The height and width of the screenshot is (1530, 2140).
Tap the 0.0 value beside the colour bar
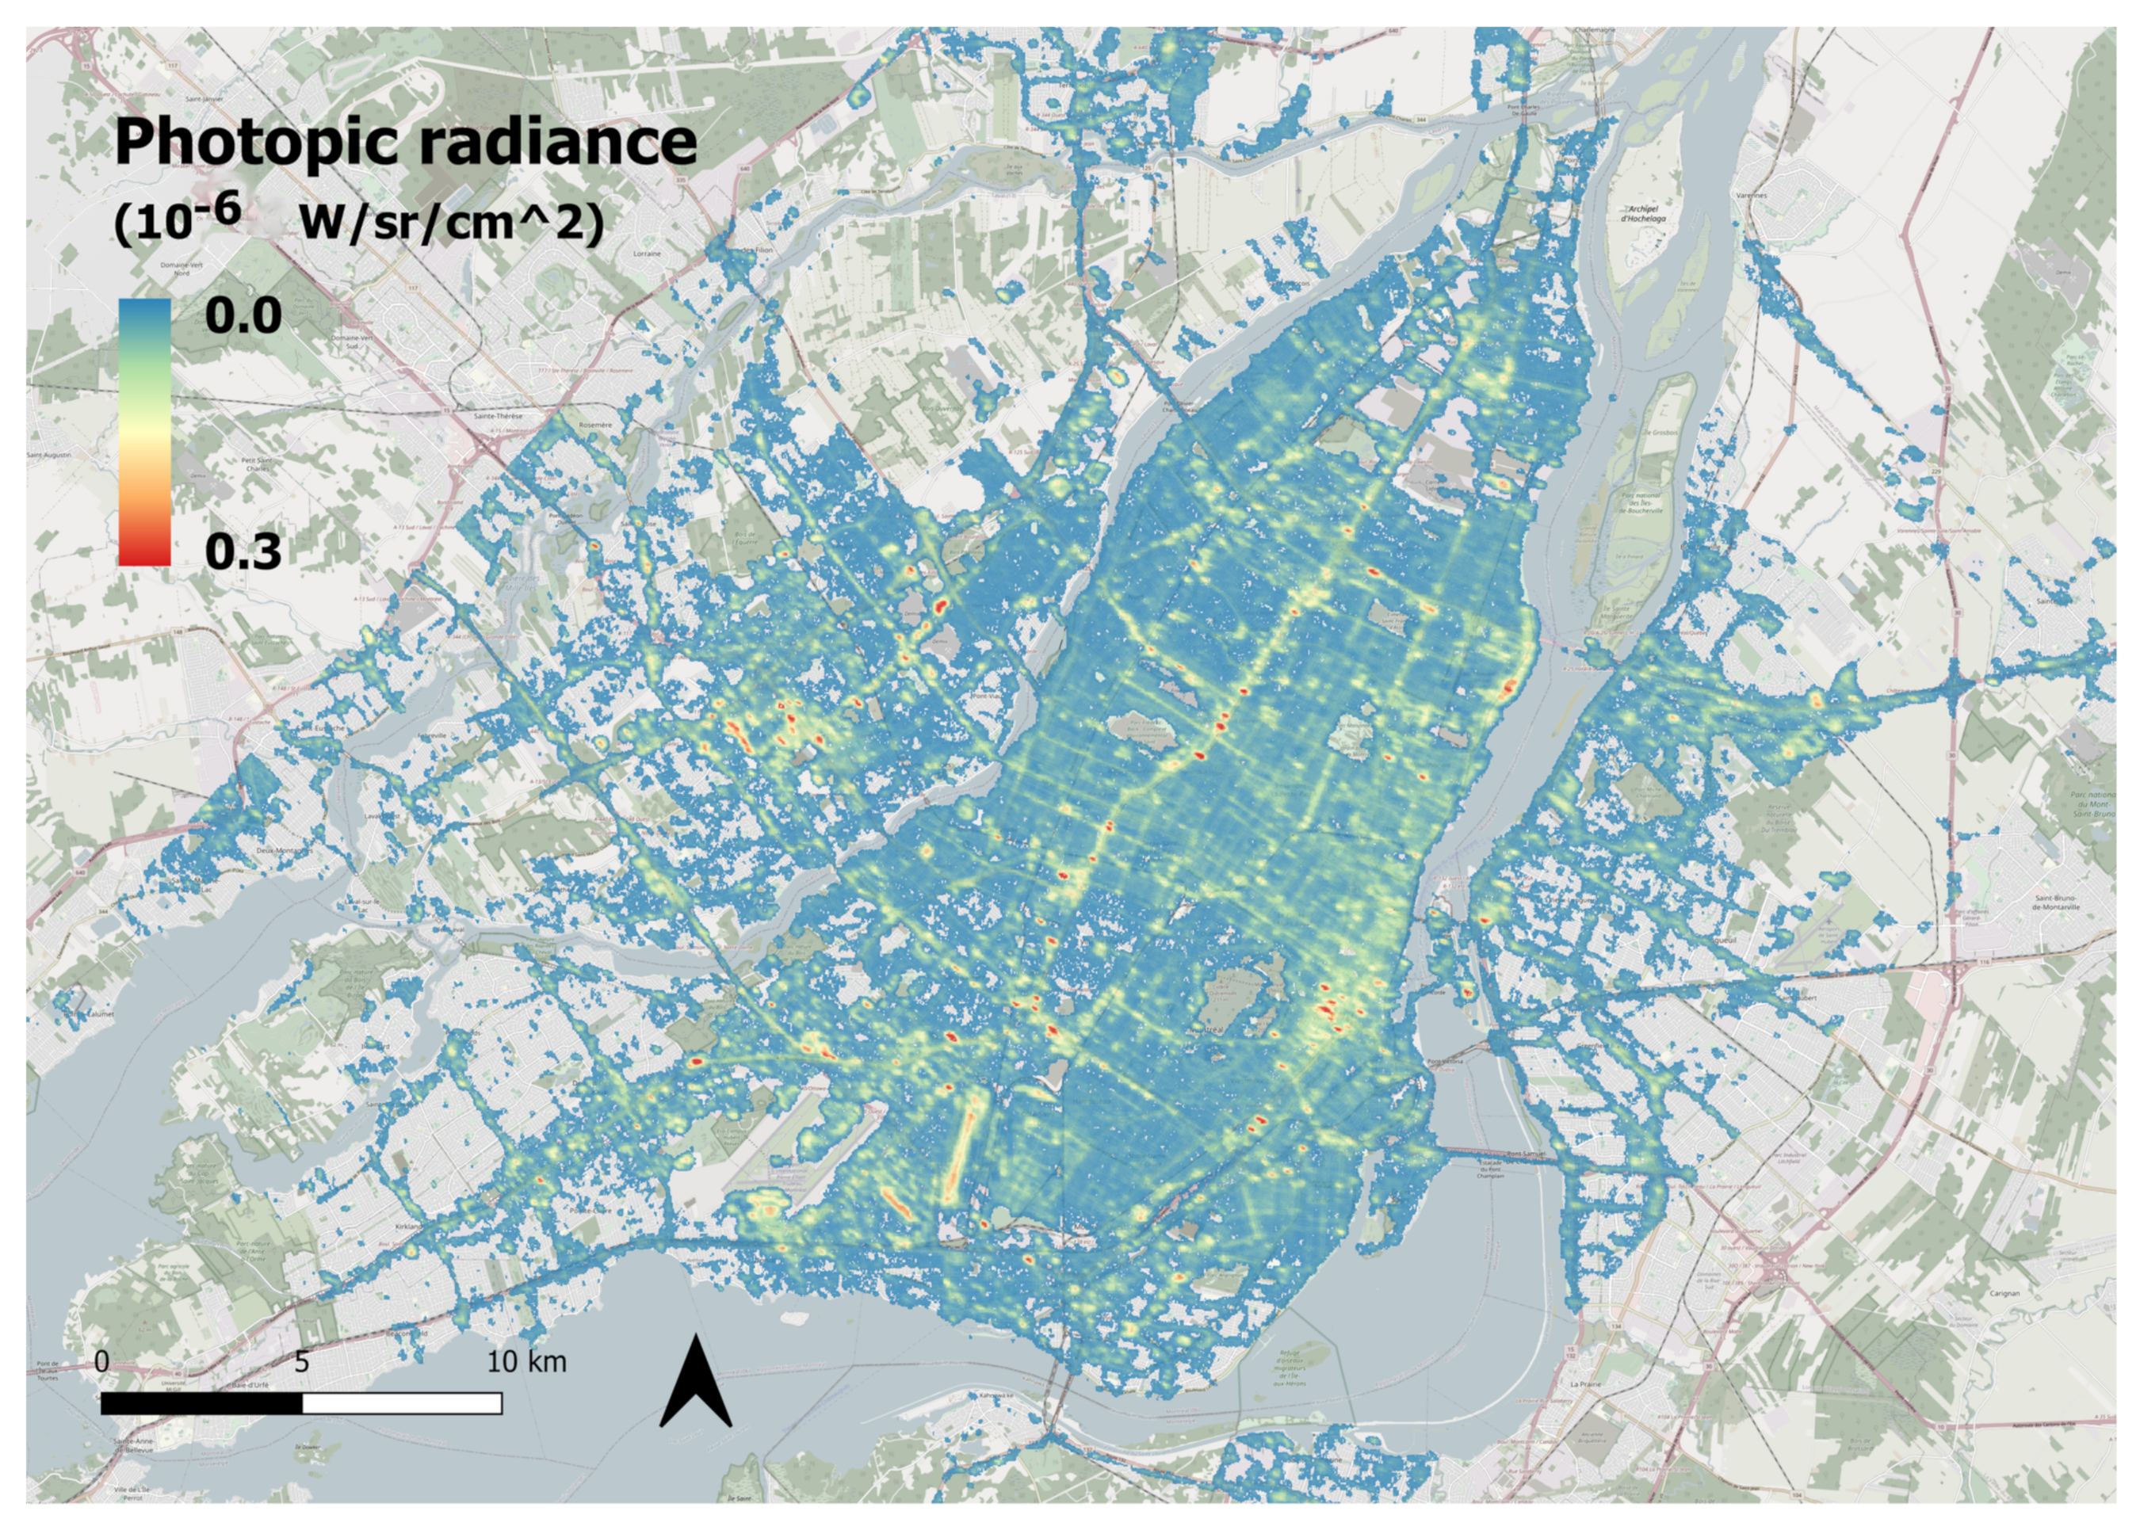pyautogui.click(x=243, y=315)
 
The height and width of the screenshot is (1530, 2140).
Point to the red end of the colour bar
pyautogui.click(x=144, y=551)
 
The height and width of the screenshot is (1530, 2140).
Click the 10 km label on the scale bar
pyautogui.click(x=527, y=1361)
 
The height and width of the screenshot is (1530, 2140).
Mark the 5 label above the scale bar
pyautogui.click(x=300, y=1361)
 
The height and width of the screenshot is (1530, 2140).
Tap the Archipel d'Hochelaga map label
pyautogui.click(x=1643, y=214)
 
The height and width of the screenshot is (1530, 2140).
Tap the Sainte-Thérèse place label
pyautogui.click(x=499, y=415)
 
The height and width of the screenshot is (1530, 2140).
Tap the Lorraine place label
pyautogui.click(x=647, y=254)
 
